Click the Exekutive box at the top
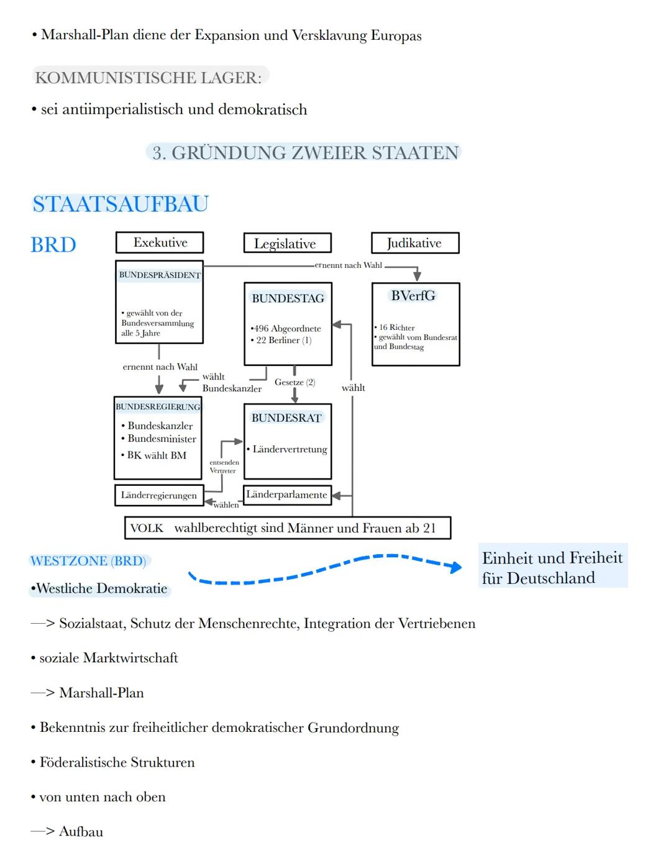tap(160, 242)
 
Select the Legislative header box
tap(287, 244)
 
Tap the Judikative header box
tap(415, 243)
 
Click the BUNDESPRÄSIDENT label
tap(160, 275)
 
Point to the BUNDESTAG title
tap(288, 298)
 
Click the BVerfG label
tap(413, 296)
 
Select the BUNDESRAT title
tap(286, 418)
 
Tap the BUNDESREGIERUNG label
tap(158, 407)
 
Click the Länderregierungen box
tap(159, 495)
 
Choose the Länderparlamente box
tap(286, 495)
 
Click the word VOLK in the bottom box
tap(147, 528)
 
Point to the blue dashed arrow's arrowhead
tap(456, 567)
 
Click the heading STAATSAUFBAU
tap(121, 204)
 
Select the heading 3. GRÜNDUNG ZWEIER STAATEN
tap(305, 153)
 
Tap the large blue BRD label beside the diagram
tap(53, 245)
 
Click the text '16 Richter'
tap(396, 327)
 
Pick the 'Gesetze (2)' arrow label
tap(294, 382)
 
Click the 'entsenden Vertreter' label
tap(224, 467)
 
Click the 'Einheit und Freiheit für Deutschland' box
tap(552, 568)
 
